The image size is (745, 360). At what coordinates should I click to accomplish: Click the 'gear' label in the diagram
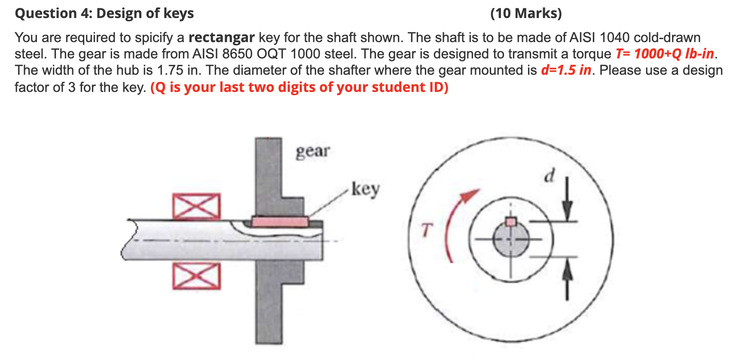313,152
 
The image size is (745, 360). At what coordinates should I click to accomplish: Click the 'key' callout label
365,189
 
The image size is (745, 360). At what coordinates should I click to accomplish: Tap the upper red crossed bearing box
197,206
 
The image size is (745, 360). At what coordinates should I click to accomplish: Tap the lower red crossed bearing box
197,276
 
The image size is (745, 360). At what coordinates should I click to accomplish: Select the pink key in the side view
280,222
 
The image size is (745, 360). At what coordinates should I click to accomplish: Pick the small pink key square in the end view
510,222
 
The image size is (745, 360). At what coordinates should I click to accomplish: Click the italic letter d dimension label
550,175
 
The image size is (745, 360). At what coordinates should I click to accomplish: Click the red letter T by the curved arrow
425,229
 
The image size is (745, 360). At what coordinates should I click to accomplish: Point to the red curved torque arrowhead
471,195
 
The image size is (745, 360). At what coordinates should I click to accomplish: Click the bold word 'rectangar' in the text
222,38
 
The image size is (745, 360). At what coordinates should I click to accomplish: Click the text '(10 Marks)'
526,13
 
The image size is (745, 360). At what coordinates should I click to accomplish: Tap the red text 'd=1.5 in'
566,70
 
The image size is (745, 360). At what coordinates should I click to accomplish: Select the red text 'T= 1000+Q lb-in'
664,54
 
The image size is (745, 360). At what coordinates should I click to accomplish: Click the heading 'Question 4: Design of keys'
104,13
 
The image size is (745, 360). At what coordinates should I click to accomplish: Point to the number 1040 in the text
614,38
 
